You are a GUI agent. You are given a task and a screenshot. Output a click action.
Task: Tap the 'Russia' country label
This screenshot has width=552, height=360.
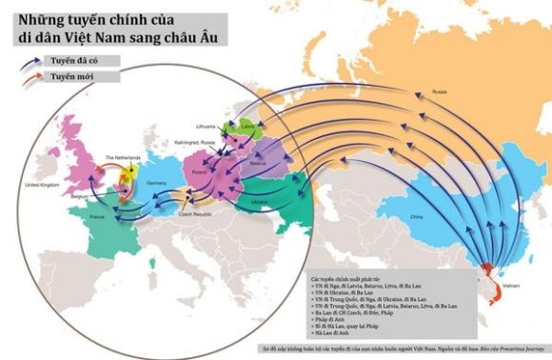[x=439, y=91]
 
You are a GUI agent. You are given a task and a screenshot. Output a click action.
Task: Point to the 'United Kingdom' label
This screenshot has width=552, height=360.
[x=41, y=184]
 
